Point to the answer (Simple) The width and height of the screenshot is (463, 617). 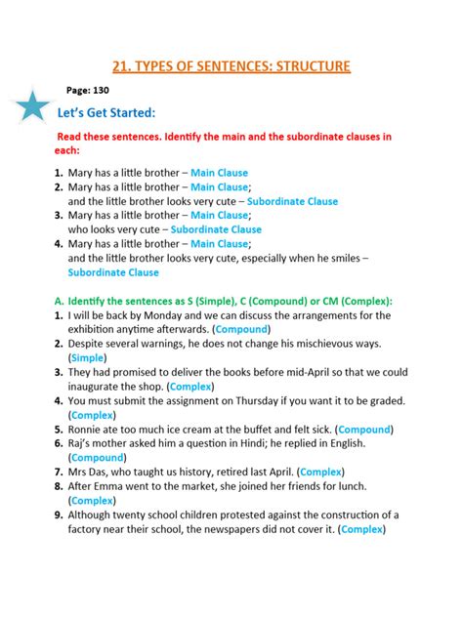[89, 358]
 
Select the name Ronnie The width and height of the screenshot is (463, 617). [93, 429]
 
